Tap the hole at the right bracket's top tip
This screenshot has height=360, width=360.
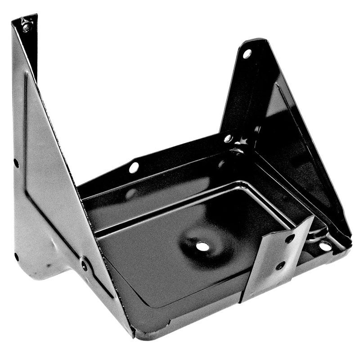[x=247, y=54]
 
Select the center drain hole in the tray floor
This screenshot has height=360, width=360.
[x=203, y=246]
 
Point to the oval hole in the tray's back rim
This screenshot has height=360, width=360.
[x=134, y=167]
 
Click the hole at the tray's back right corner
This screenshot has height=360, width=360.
[x=228, y=138]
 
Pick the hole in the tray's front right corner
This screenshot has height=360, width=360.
[x=324, y=246]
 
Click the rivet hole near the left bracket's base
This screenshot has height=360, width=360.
[x=84, y=265]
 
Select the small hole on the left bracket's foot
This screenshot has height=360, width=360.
[x=16, y=257]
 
